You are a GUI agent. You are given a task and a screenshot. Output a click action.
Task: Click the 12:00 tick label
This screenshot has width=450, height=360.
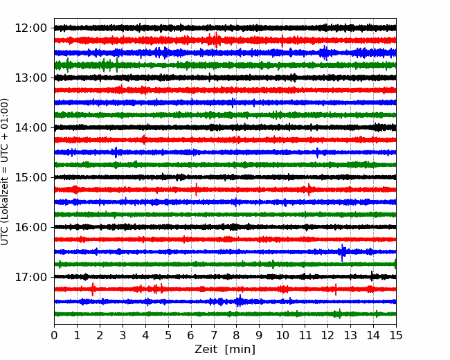(x=30, y=28)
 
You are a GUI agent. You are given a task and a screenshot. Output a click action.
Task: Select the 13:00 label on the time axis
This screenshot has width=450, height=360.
(x=30, y=78)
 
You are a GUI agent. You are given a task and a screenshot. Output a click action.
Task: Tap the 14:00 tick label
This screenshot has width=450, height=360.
(x=30, y=127)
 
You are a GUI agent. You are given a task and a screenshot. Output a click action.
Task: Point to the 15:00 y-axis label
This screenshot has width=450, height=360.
(x=30, y=177)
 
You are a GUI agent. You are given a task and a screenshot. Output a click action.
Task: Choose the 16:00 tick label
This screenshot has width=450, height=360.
(x=30, y=227)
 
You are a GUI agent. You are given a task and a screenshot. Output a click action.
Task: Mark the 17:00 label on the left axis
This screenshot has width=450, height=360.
(x=30, y=277)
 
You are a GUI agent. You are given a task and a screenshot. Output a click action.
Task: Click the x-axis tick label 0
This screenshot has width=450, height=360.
(x=54, y=335)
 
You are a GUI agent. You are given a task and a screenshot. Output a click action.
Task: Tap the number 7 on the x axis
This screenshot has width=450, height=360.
(x=213, y=335)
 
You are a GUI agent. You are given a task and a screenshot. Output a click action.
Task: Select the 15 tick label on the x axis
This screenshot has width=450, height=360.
(x=396, y=335)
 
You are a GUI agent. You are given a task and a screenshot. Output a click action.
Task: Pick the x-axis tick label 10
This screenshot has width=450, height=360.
(x=282, y=335)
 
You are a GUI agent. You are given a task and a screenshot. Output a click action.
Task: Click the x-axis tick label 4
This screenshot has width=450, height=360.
(x=145, y=335)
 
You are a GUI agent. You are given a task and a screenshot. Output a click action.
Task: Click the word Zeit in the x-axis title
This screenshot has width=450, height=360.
(x=206, y=349)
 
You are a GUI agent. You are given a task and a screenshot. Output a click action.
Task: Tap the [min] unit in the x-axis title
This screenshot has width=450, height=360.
(x=240, y=350)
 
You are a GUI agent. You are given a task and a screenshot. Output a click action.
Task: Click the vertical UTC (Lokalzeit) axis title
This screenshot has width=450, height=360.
(x=5, y=172)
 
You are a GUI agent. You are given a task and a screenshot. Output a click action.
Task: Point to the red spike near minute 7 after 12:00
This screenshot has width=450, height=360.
(x=215, y=40)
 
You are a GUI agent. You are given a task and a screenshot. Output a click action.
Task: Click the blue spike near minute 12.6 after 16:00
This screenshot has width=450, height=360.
(x=342, y=252)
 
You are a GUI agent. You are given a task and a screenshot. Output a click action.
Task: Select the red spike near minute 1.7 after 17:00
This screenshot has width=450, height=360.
(x=92, y=289)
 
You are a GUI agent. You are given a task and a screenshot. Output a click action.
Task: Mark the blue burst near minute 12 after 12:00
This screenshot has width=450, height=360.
(x=325, y=53)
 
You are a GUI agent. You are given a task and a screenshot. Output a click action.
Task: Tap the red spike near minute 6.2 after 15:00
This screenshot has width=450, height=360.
(x=197, y=190)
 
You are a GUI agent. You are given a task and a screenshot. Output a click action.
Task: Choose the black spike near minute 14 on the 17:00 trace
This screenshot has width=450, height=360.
(x=372, y=276)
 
